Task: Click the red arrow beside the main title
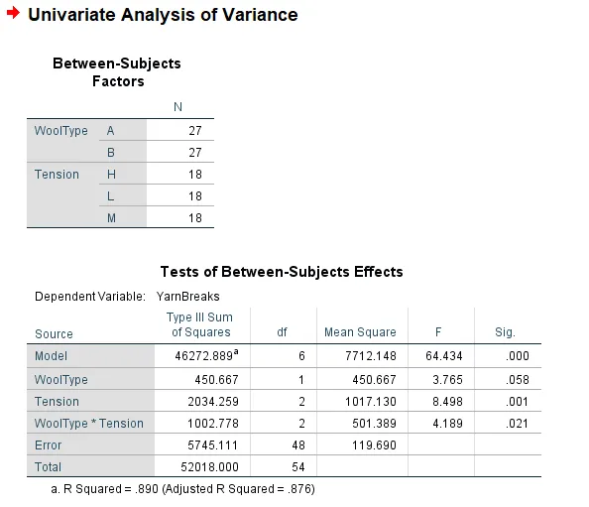click(13, 13)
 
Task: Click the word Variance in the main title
click(260, 15)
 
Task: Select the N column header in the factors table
click(178, 107)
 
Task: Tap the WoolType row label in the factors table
click(60, 131)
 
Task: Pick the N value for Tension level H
click(195, 175)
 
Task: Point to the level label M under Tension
click(111, 218)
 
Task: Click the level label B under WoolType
click(110, 153)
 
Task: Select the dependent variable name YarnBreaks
click(187, 297)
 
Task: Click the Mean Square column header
click(360, 332)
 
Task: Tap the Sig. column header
click(505, 332)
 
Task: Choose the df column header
click(282, 332)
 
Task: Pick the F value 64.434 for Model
click(444, 356)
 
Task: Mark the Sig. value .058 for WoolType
click(518, 380)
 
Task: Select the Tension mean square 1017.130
click(371, 402)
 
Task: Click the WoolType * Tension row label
click(89, 424)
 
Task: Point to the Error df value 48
click(298, 445)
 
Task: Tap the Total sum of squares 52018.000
click(209, 467)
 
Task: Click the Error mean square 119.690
click(374, 445)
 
